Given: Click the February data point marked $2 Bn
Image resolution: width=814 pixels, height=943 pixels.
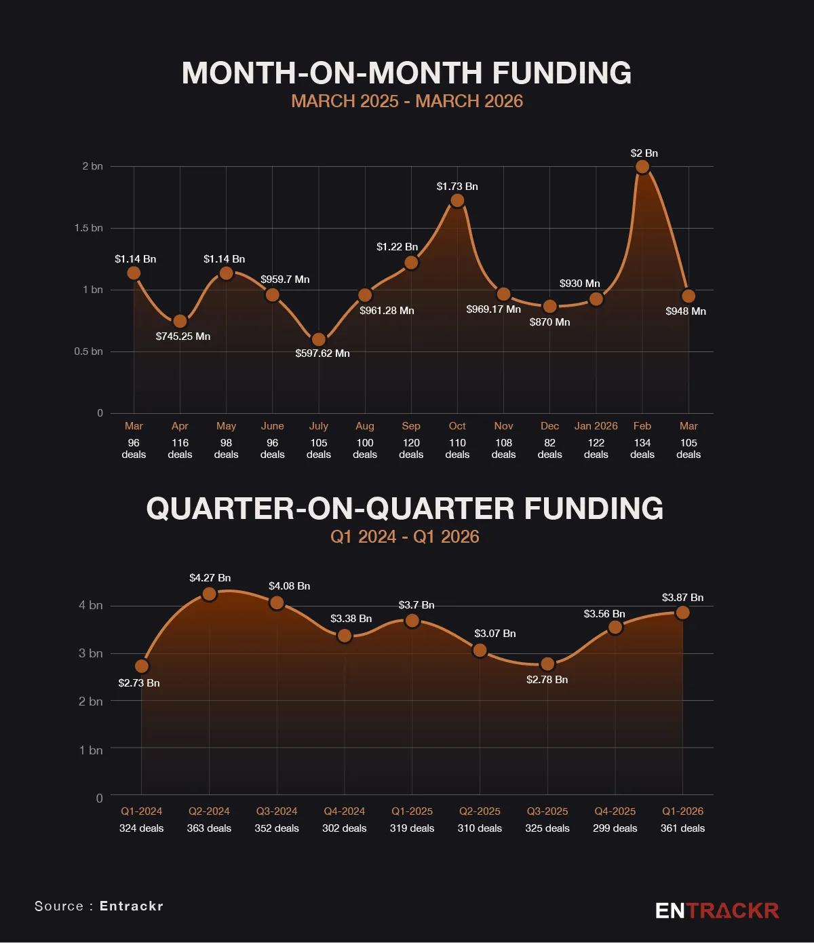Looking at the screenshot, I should point(642,167).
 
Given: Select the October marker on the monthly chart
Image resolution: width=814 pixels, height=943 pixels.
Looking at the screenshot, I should point(457,201).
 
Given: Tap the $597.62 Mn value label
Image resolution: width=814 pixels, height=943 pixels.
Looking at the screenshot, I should point(322,353).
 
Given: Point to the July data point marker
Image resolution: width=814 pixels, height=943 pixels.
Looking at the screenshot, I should point(319,340).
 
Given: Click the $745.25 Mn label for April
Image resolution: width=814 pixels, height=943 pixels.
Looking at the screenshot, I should point(183,336).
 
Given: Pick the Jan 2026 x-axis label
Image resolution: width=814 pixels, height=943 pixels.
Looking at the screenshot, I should point(596,426).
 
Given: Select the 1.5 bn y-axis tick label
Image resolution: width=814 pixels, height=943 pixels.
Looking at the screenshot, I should point(89,228).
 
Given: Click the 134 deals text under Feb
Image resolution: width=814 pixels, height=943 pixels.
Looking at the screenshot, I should point(642,448).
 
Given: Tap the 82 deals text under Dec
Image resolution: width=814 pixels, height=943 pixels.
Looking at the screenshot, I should point(549,448).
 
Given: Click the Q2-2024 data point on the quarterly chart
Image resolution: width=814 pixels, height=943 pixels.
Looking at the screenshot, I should point(210,594).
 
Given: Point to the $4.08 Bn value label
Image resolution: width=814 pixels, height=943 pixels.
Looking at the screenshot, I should point(289,586).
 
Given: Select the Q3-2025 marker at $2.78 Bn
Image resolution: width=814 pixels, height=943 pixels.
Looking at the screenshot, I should point(547,664).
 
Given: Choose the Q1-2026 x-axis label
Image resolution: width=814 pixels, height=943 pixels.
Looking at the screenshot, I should point(682,811).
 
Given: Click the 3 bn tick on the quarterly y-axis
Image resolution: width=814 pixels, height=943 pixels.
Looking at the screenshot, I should point(91,653).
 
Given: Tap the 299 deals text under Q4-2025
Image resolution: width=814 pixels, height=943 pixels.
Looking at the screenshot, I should point(615,828).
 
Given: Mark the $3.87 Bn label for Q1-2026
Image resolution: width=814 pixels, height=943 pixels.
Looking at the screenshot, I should point(682,598).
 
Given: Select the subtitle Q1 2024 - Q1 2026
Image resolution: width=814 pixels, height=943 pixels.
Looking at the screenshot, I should point(405,537).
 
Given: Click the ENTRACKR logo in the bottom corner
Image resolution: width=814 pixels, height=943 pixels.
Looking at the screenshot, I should point(717,910).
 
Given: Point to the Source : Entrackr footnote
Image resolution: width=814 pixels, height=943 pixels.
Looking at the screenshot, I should point(99,906).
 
